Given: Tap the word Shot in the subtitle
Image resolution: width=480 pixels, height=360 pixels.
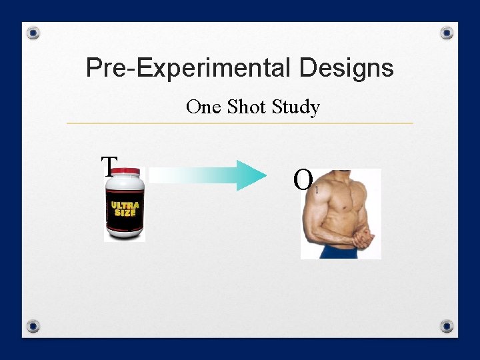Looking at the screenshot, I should pyautogui.click(x=247, y=107).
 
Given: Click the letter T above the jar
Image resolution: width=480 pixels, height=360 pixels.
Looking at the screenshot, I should pyautogui.click(x=109, y=165).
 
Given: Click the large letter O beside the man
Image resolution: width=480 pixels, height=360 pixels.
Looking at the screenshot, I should pyautogui.click(x=303, y=179).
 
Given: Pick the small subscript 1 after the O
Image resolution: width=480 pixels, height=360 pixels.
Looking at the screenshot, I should pyautogui.click(x=317, y=191).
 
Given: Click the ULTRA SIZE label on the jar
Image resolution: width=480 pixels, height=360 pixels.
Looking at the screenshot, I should pyautogui.click(x=125, y=209).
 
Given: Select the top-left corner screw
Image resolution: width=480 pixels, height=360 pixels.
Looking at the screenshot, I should pyautogui.click(x=34, y=33).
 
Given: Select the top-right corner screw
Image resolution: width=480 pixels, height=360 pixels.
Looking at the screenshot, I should pyautogui.click(x=447, y=33).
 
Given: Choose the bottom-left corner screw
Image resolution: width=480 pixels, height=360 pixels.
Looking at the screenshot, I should pyautogui.click(x=34, y=326).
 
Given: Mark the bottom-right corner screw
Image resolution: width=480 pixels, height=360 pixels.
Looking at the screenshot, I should pyautogui.click(x=447, y=326).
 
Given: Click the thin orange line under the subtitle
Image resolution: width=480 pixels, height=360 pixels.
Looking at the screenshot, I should pyautogui.click(x=240, y=123).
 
